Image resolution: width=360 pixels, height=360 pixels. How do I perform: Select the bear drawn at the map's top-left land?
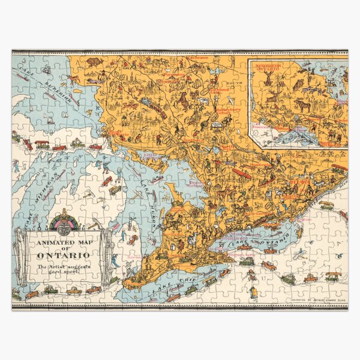(x=93, y=61)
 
